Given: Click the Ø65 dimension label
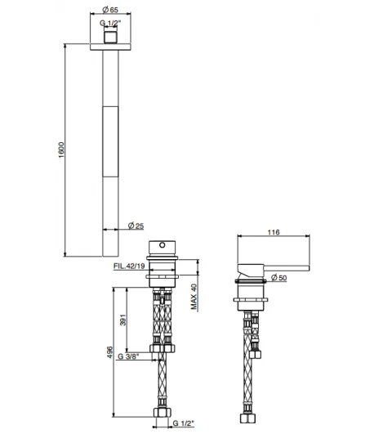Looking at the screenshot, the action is click(x=110, y=10).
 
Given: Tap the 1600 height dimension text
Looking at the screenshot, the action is click(x=61, y=150).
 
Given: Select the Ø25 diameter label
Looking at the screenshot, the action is click(x=136, y=226).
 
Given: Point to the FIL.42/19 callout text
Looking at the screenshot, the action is click(x=129, y=266).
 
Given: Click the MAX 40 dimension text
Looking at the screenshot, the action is click(x=194, y=297).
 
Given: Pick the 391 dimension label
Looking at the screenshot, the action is click(x=122, y=320).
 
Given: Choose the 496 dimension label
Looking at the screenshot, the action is click(x=109, y=352).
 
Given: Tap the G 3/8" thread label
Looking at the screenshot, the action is click(x=129, y=356).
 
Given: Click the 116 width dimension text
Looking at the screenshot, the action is click(x=274, y=232).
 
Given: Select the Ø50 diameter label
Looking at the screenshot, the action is click(x=278, y=278).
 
